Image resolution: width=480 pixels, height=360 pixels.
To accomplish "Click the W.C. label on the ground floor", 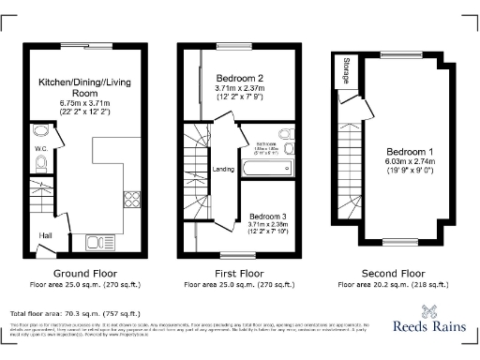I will [41, 148].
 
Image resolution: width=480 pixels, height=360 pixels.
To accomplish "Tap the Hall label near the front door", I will [45, 234].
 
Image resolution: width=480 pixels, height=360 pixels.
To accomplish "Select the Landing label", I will [223, 170].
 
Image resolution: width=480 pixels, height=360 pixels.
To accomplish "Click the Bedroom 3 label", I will [269, 216].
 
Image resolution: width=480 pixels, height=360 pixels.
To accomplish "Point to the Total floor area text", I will [75, 313].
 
